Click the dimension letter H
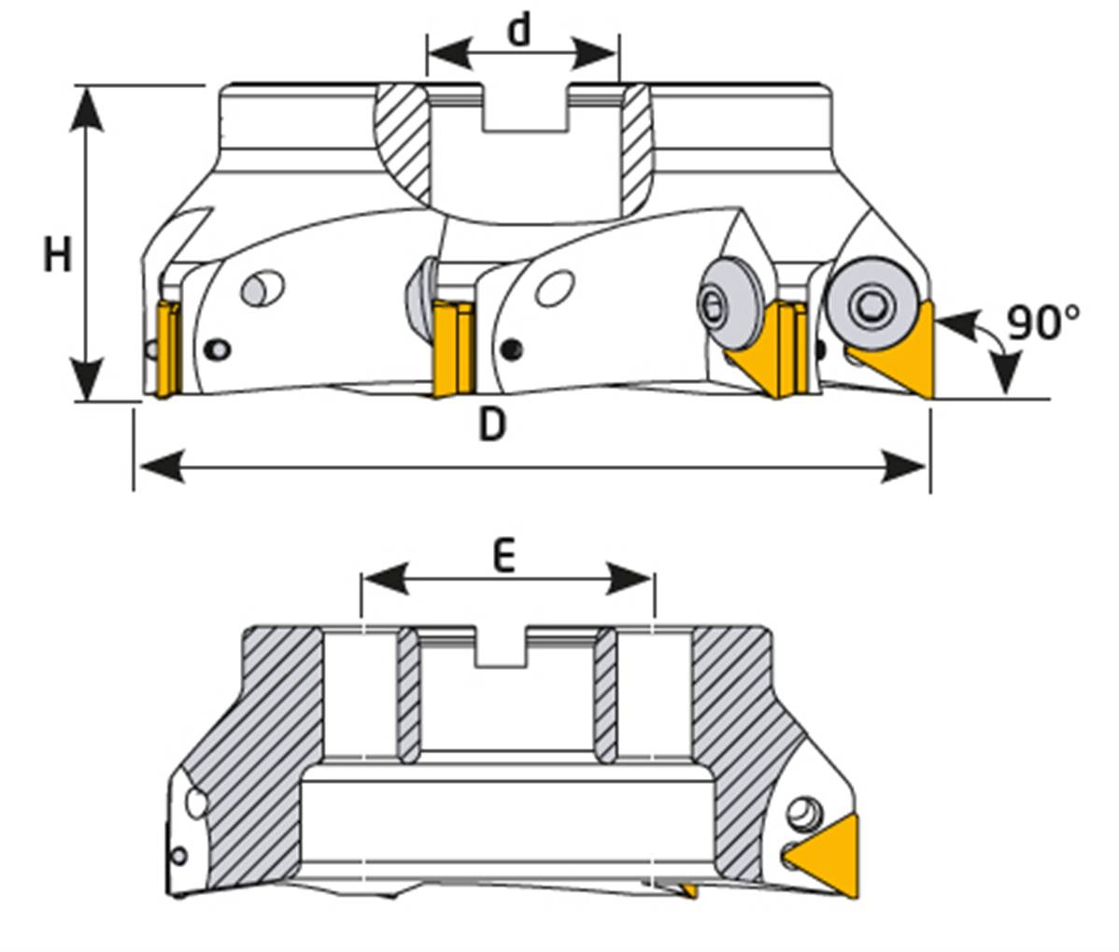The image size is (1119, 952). tap(57, 254)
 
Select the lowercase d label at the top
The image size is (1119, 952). tap(518, 30)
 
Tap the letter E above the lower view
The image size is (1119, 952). tap(503, 558)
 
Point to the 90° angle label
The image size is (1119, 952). tap(1042, 322)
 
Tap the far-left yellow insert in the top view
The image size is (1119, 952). tap(168, 348)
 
